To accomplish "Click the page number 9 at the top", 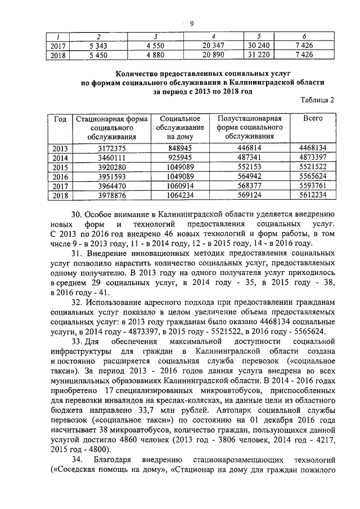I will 191,23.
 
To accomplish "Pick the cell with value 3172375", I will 111,148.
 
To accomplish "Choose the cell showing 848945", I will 181,148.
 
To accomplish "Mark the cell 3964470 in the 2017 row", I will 111,187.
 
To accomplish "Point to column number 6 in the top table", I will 304,35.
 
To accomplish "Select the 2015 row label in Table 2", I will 60,168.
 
